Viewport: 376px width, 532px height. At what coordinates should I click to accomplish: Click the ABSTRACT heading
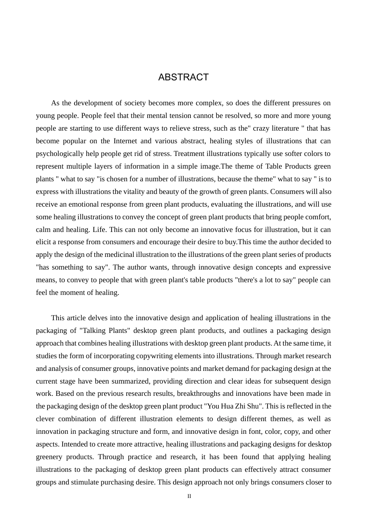coord(183,77)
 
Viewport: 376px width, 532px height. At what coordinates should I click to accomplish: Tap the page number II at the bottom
coord(189,496)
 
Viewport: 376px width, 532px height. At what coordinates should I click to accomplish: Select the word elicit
coord(44,242)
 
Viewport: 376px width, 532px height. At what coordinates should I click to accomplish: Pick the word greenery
coord(49,457)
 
